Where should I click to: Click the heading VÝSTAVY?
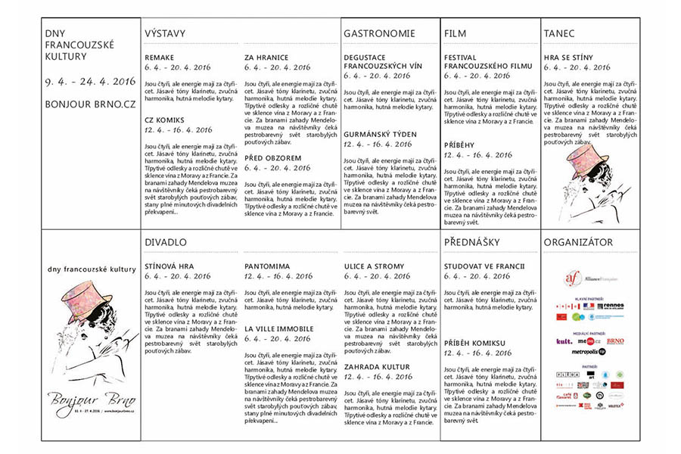coord(164,34)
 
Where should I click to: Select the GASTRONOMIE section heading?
coord(379,34)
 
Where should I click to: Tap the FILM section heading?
coord(456,34)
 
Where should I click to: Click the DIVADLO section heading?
coord(166,242)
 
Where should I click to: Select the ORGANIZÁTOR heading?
coord(578,242)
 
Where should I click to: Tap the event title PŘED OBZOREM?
coord(272,158)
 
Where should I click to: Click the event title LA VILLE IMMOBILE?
coord(278,329)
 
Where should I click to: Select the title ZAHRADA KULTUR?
coord(378,366)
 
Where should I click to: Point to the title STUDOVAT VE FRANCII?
coord(484,266)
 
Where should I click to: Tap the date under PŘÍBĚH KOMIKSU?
coord(477,353)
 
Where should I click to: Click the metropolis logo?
coord(588,352)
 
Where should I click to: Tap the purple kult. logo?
coord(564,341)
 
